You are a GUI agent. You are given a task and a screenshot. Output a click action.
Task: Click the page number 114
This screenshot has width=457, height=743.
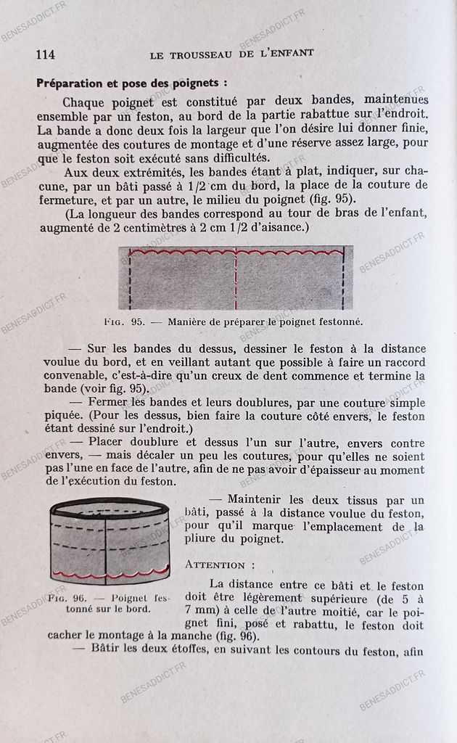click(x=45, y=54)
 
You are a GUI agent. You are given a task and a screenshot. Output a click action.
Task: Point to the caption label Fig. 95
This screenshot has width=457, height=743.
click(x=124, y=320)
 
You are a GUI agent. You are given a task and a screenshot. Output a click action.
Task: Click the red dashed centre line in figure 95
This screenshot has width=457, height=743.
click(x=236, y=279)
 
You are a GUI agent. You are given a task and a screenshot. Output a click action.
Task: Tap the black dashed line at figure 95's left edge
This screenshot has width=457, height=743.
click(x=130, y=279)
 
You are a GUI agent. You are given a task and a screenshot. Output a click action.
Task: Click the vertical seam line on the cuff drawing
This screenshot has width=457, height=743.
click(x=106, y=544)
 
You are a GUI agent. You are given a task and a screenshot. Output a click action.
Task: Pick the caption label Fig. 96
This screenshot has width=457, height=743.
click(x=67, y=599)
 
